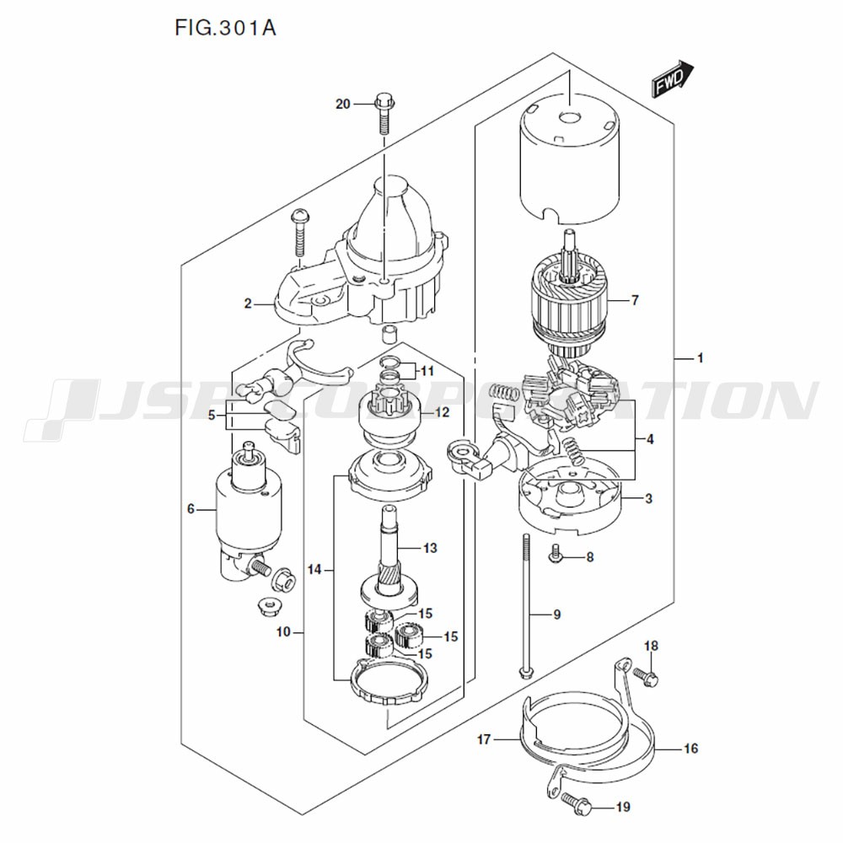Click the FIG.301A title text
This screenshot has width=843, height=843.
pos(225,28)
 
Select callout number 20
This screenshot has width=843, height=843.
pos(342,105)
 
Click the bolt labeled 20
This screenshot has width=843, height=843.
pos(384,113)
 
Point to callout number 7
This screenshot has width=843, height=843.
pos(635,300)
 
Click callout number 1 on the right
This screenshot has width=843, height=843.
pos(699,359)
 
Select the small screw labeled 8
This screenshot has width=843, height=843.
pos(556,554)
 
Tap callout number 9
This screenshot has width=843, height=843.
pos(556,615)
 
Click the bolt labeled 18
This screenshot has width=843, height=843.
pos(646,675)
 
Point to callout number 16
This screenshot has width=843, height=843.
pos(690,748)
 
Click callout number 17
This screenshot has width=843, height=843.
pos(483,740)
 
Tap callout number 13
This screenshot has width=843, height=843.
pos(430,549)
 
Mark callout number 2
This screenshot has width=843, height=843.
pos(248,304)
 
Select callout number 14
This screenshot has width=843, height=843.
pos(315,571)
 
